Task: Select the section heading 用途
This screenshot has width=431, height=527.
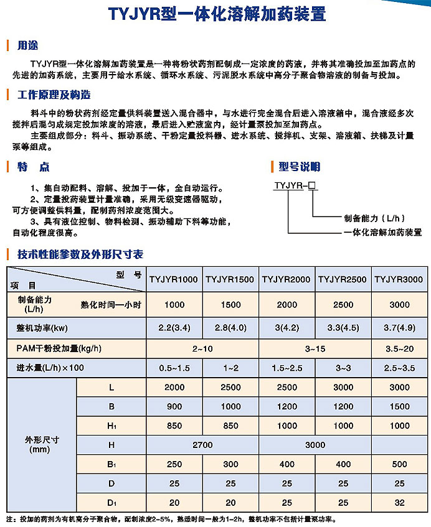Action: (x=28, y=45)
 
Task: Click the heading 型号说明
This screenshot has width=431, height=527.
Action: (x=299, y=166)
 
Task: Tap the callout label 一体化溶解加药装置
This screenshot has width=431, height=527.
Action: (x=383, y=232)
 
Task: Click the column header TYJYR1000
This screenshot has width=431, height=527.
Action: (x=174, y=279)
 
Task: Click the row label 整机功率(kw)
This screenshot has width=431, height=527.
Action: (x=42, y=327)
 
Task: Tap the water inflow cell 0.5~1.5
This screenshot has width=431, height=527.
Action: (x=174, y=368)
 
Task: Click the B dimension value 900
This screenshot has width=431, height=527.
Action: (x=174, y=406)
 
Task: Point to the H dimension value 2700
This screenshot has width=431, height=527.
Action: (x=202, y=445)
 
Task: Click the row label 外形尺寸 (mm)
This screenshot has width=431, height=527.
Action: (x=40, y=444)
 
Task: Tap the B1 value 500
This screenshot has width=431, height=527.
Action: (x=399, y=464)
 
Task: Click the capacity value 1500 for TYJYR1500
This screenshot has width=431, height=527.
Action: (x=230, y=304)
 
